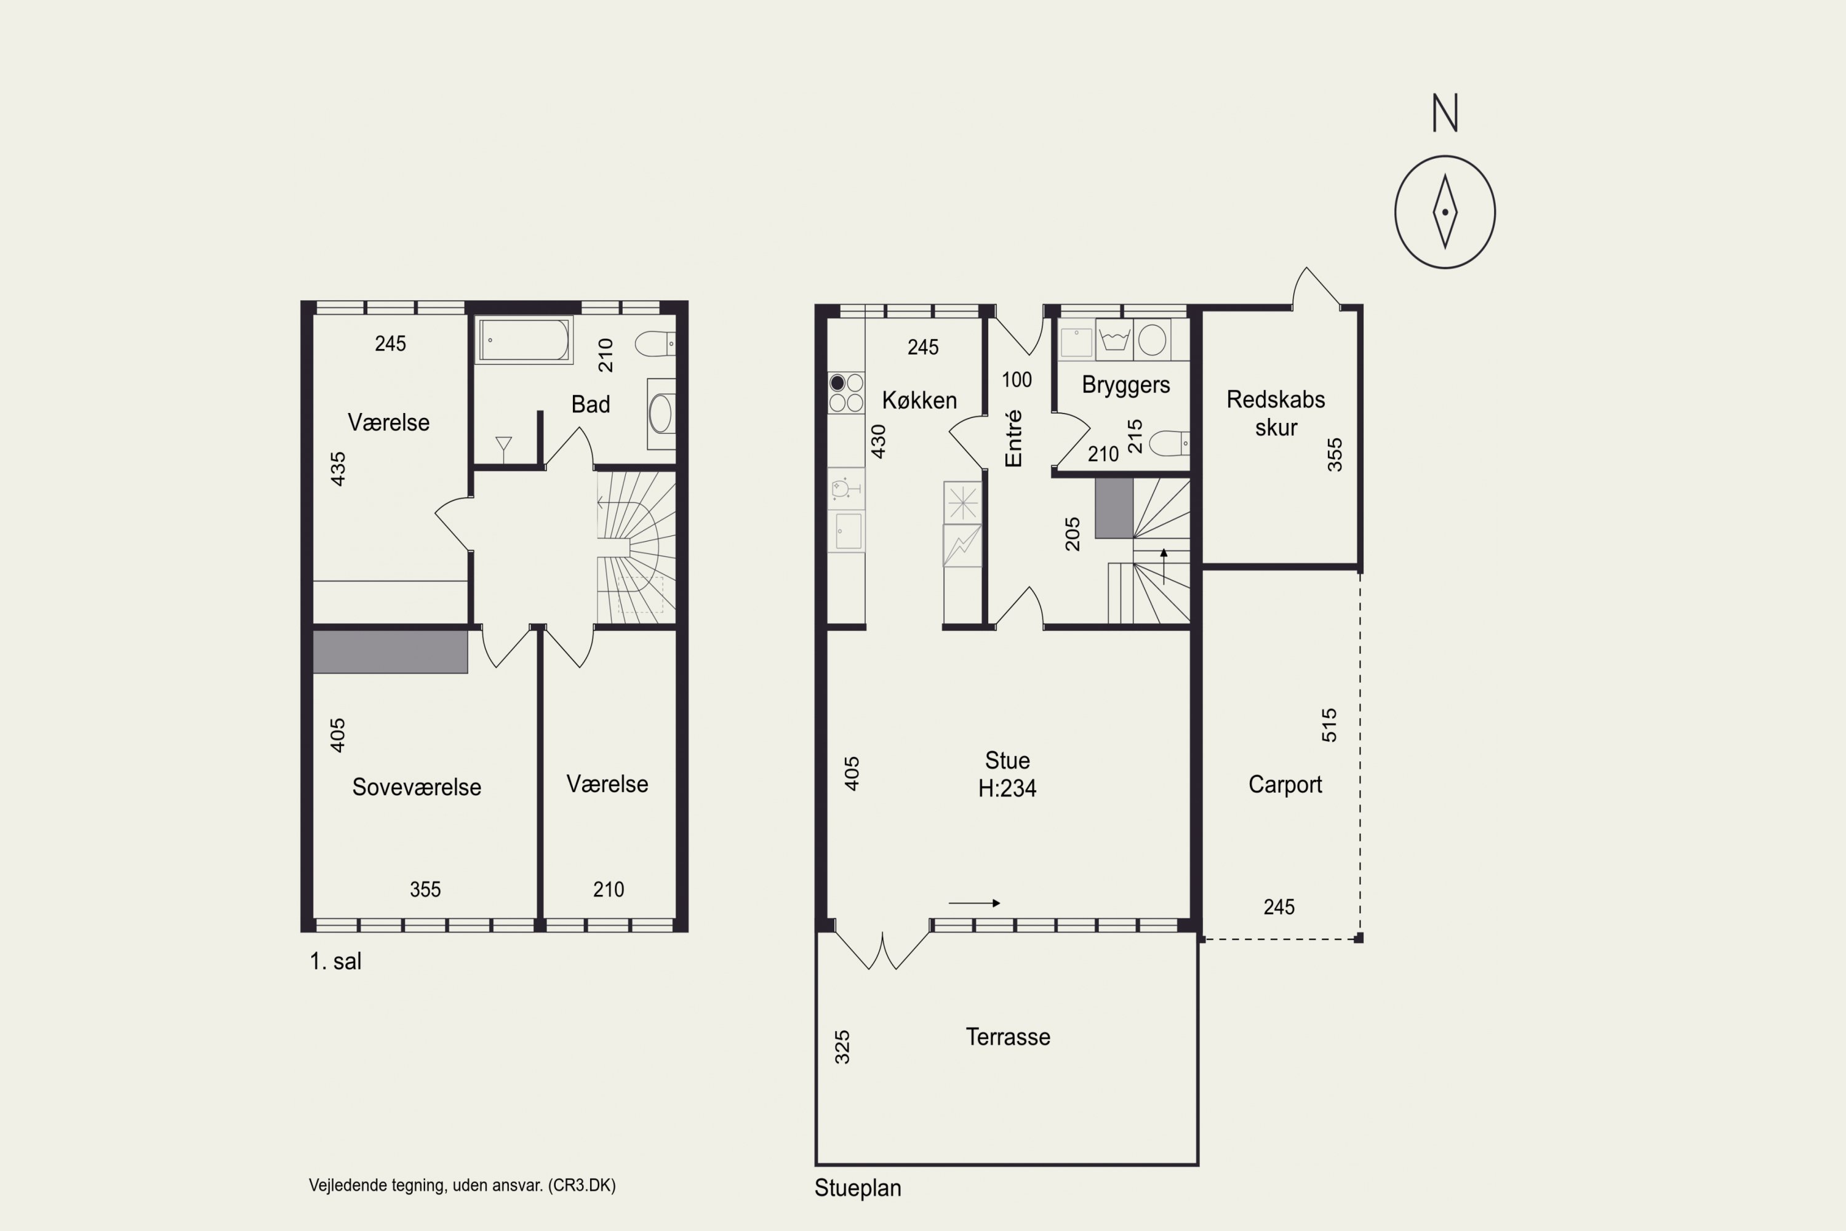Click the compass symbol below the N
[1444, 212]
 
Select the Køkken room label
[919, 401]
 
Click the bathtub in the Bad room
[524, 339]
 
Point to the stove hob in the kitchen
[846, 393]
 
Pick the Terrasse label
[1008, 1037]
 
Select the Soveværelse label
[417, 787]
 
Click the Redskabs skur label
[1276, 413]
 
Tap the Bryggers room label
[1125, 385]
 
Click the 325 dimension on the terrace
[842, 1048]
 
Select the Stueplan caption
[858, 1188]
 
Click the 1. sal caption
[335, 961]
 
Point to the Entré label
[1013, 438]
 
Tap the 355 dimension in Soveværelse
[425, 889]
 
